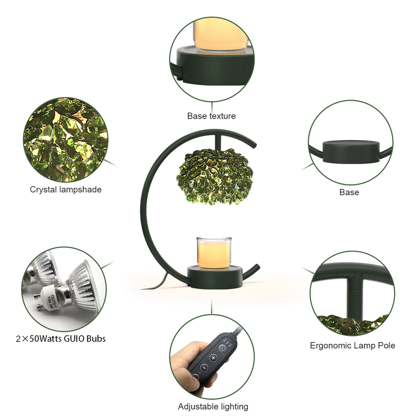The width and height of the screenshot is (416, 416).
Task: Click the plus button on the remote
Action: pos(214,357)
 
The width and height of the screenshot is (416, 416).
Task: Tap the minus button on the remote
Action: pos(204,367)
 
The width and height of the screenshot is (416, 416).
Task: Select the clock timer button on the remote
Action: pos(222,348)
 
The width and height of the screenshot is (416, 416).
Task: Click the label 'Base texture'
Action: pos(211,116)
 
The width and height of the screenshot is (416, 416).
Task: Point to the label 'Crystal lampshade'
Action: pos(65,189)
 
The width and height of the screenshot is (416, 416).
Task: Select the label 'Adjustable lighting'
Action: pos(213,406)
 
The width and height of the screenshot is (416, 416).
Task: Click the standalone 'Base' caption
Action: pos(349,192)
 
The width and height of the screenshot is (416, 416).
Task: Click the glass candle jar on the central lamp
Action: pos(214,252)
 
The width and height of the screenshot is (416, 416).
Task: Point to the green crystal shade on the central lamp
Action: pos(214,176)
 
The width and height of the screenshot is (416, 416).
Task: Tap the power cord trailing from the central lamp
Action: pos(156,283)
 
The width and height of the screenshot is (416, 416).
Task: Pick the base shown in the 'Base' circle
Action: pos(351,152)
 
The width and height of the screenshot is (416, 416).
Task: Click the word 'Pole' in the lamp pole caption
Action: pos(386,345)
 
